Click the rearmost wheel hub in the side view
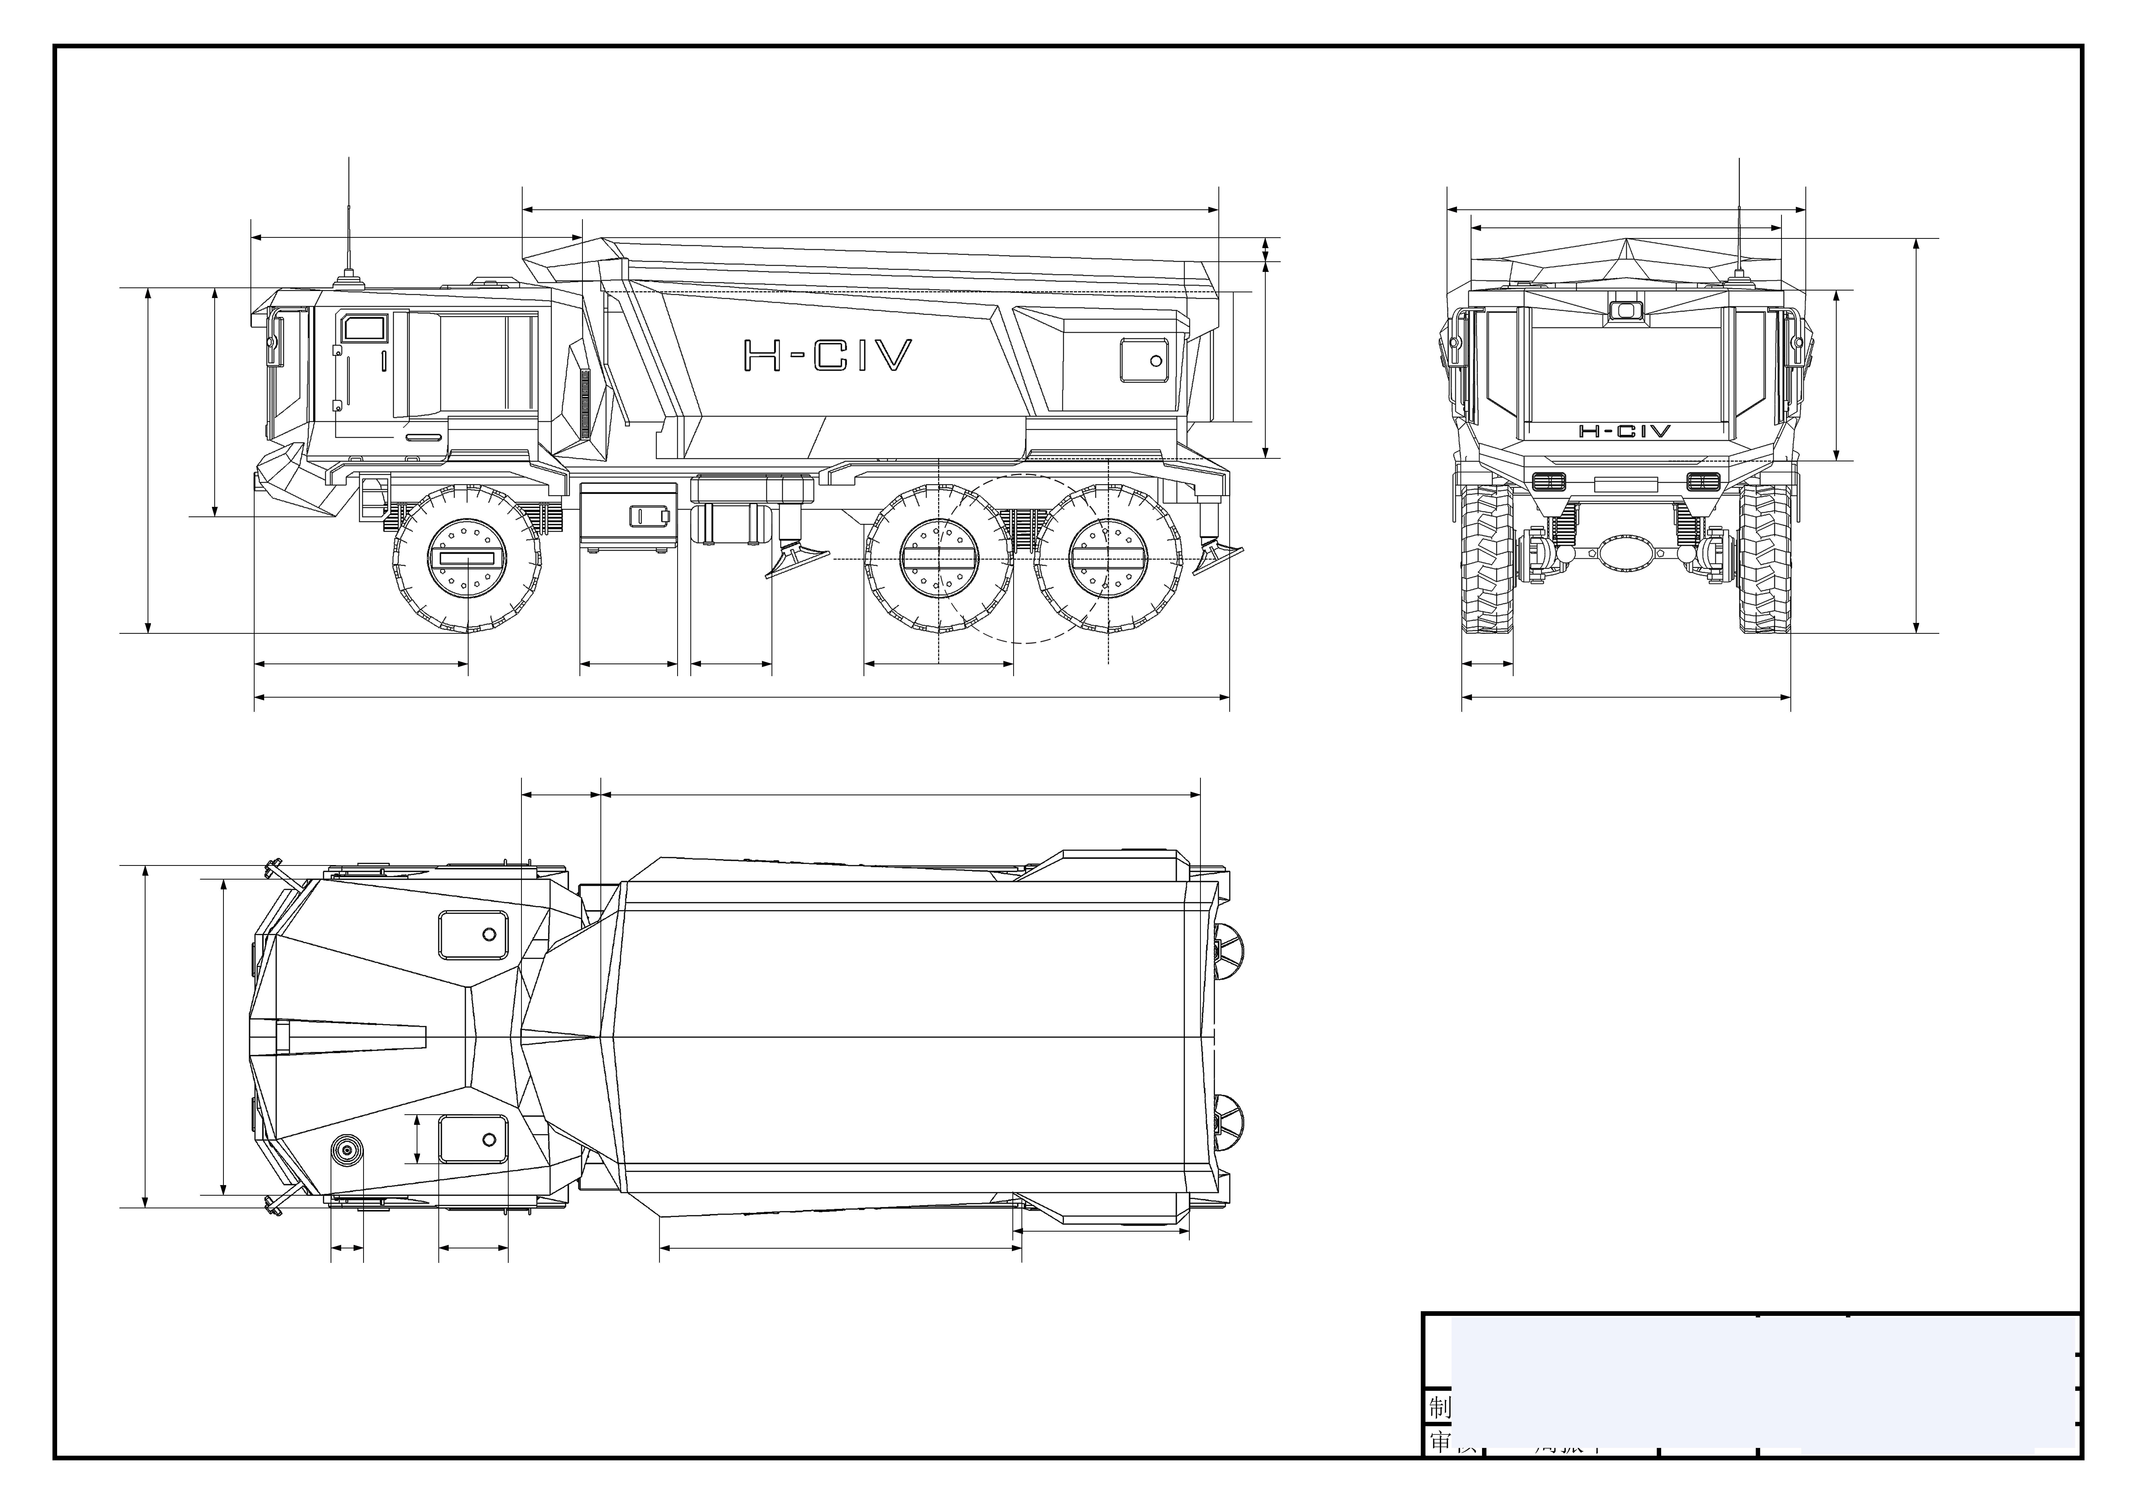[x=1109, y=559]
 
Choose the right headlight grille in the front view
[x=1703, y=481]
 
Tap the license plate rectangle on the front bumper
[x=1626, y=484]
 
